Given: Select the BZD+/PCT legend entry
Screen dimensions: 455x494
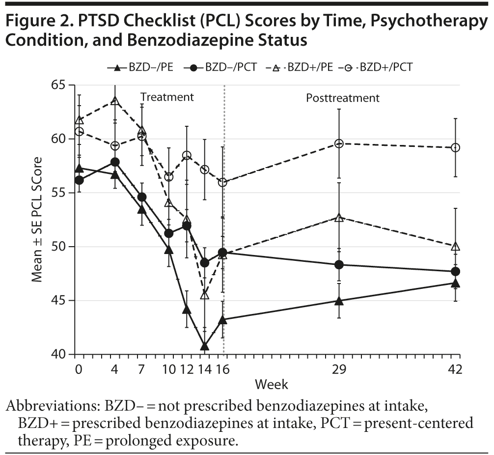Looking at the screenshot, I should point(376,67).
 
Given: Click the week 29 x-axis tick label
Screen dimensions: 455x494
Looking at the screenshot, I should point(338,369).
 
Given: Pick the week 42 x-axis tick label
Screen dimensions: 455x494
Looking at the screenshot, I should point(455,369).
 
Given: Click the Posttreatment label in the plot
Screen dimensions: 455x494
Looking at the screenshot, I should point(343,98).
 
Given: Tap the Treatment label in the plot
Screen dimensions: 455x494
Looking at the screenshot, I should point(167,97).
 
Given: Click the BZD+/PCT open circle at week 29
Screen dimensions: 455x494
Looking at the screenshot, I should point(338,143).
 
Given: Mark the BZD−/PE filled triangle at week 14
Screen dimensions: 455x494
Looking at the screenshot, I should point(205,346).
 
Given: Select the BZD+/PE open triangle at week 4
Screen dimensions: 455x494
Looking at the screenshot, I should point(115,101).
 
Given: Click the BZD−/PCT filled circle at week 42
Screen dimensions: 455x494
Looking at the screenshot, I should point(455,271).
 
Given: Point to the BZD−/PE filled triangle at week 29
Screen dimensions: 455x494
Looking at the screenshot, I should point(338,300).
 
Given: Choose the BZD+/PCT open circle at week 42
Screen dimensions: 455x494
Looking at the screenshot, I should point(455,147).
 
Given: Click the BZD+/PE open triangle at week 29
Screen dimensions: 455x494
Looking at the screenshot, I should point(338,217).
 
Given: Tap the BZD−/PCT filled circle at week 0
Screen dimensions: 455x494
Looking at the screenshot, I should point(79,180).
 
